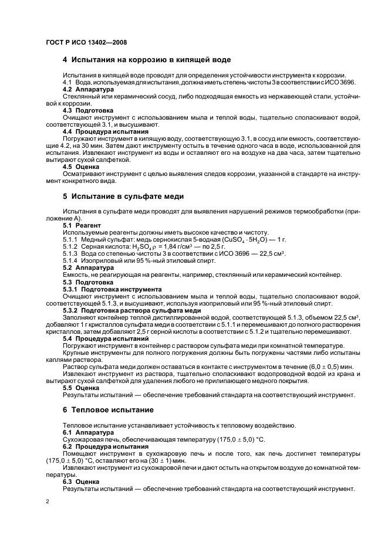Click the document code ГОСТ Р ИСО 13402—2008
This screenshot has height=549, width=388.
tap(86, 42)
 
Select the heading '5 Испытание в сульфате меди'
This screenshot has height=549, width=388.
tap(123, 196)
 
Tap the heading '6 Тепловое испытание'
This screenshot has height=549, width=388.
tap(108, 409)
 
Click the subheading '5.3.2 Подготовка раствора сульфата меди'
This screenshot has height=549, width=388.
tap(131, 310)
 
